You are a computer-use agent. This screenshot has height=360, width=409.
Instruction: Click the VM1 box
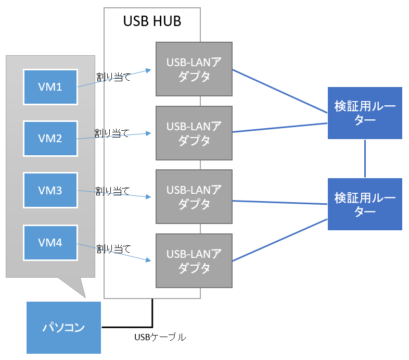[x=50, y=87]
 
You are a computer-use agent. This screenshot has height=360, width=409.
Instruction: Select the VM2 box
[x=50, y=139]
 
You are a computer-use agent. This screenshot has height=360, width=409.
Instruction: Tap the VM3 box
[x=50, y=190]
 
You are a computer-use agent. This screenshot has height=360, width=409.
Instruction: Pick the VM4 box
[x=50, y=243]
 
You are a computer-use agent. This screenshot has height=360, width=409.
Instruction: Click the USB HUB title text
[x=152, y=21]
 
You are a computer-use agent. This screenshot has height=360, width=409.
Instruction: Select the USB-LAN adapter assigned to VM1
[x=194, y=69]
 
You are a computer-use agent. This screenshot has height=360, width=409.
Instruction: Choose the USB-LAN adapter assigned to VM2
[x=194, y=133]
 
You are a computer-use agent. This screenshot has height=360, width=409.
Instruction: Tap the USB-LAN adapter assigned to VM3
[x=194, y=197]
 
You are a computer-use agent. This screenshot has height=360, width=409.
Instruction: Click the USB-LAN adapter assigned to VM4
[x=194, y=260]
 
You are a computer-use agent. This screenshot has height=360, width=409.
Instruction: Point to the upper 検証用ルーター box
[x=365, y=113]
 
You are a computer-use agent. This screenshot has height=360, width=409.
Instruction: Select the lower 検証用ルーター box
[x=365, y=204]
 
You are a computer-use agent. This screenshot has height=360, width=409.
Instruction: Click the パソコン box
[x=63, y=328]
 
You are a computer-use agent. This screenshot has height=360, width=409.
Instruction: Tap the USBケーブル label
[x=160, y=337]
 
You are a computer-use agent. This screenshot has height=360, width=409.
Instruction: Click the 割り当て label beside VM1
[x=113, y=77]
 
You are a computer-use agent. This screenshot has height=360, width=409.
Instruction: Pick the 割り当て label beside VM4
[x=113, y=249]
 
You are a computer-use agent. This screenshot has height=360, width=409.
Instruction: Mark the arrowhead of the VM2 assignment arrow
[x=149, y=133]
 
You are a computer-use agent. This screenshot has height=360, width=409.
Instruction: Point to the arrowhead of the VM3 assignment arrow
[x=149, y=197]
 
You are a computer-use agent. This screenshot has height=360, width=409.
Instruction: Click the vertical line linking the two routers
[x=365, y=158]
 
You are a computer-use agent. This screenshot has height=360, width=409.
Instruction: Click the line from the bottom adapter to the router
[x=280, y=240]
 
